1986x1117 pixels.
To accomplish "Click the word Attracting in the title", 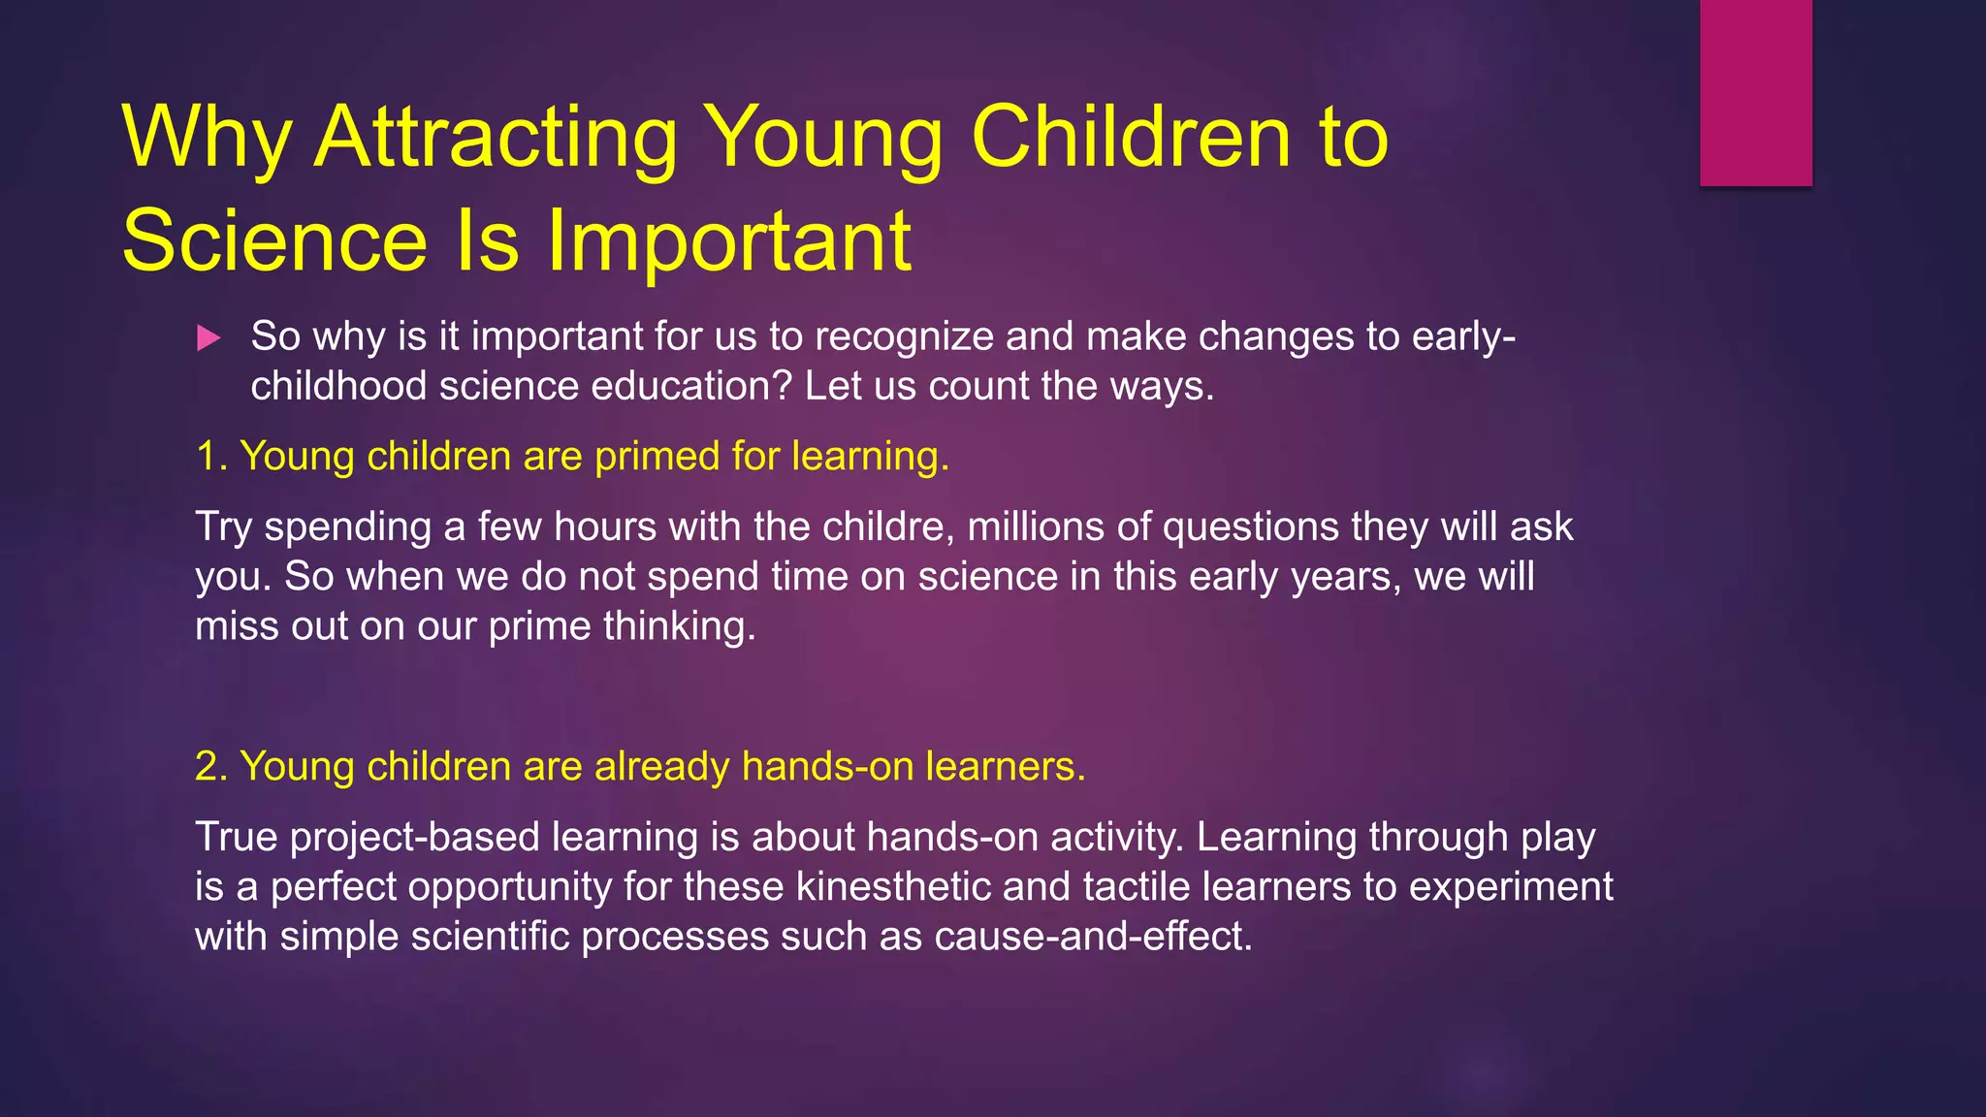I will [496, 138].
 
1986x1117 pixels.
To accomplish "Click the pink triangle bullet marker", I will [208, 338].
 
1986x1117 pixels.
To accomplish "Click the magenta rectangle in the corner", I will [1755, 92].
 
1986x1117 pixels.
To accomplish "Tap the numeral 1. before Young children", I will [211, 457].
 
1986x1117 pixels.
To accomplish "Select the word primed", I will [657, 457].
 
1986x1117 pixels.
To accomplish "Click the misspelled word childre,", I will [888, 527].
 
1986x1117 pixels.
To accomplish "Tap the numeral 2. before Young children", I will [211, 767].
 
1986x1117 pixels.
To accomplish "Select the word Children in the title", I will [1131, 138].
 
